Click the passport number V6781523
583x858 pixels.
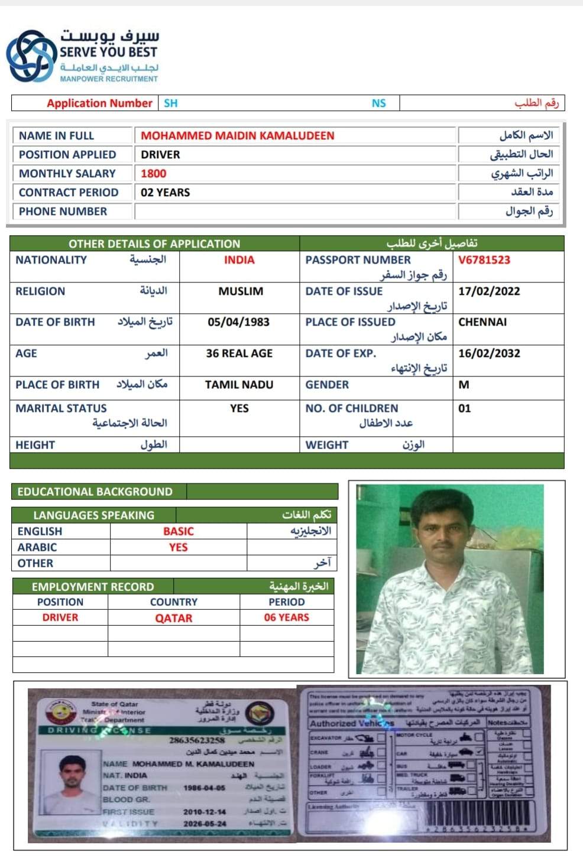tap(484, 260)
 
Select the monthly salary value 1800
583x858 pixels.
tap(153, 174)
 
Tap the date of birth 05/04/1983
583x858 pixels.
tap(238, 322)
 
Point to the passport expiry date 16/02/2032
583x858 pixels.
tap(489, 353)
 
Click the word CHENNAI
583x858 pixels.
tap(482, 322)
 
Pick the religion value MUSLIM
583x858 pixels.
tap(241, 291)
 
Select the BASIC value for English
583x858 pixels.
tap(178, 531)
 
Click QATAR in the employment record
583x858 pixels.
tap(173, 618)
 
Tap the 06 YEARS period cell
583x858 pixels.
tap(286, 617)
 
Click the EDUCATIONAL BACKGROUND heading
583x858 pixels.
tap(95, 492)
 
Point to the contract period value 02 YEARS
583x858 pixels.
tap(165, 193)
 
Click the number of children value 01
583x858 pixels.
tap(465, 408)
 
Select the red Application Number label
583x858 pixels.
tap(99, 103)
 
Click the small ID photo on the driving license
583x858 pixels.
tap(72, 779)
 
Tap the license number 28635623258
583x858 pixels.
tap(197, 740)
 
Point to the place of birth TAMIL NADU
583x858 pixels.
tap(239, 385)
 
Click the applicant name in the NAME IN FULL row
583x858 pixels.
tap(237, 136)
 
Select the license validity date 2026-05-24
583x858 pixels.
tap(204, 823)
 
